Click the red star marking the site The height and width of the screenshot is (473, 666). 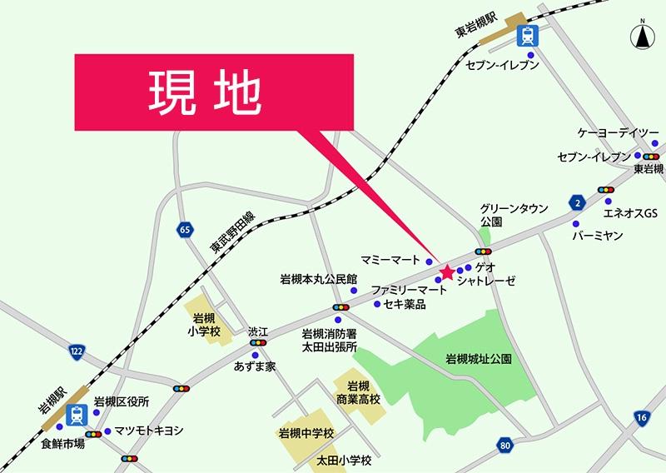coord(446,271)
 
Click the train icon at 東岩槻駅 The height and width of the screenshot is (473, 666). coord(527,36)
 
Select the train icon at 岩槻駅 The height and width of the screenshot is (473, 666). coord(77,413)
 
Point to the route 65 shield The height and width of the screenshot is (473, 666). coord(183,228)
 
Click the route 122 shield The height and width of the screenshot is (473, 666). coord(77,351)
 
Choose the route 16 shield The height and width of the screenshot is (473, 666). coord(640,416)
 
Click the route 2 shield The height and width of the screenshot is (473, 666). coord(576,202)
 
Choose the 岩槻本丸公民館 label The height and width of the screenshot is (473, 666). coord(318,279)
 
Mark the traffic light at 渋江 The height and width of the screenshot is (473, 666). coord(258,342)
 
